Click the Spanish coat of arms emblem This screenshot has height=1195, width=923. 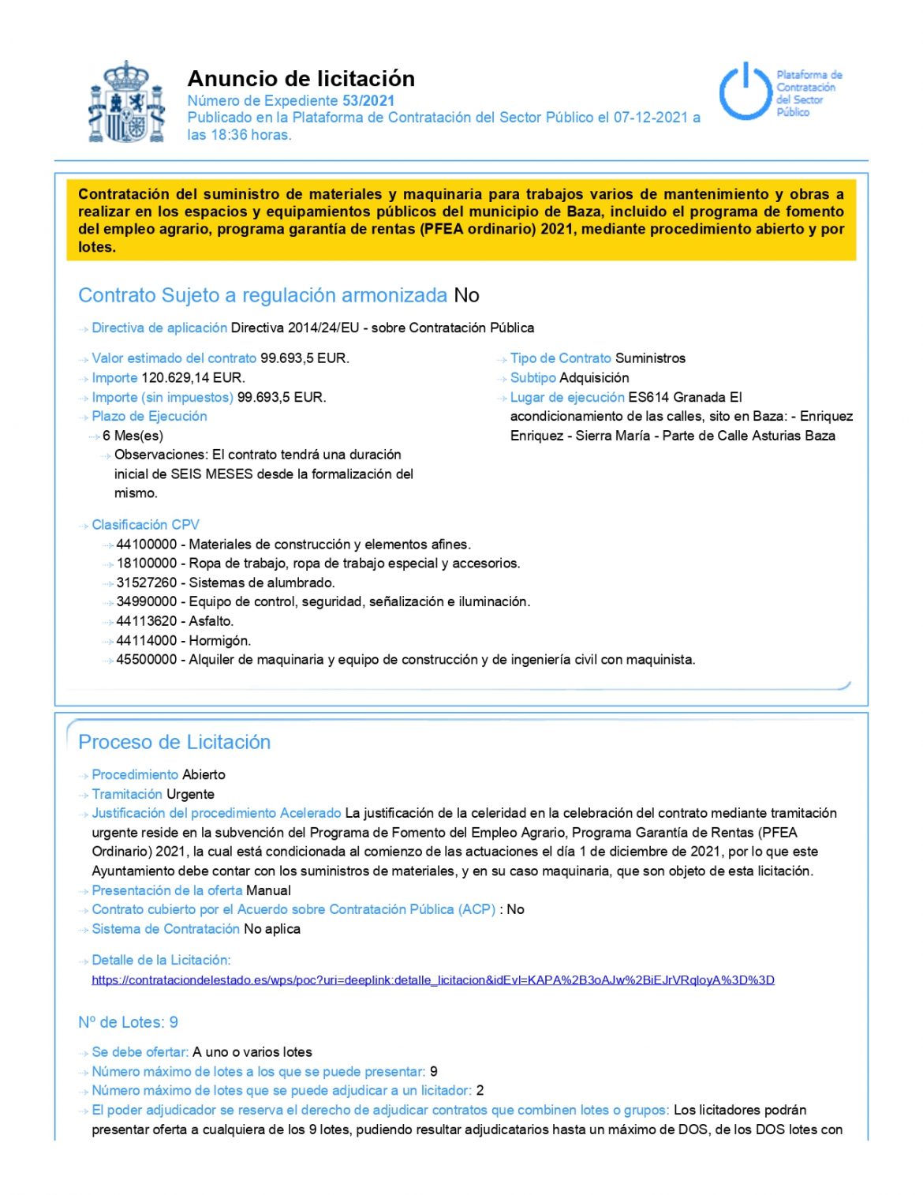coord(126,103)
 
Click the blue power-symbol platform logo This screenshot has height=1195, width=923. coord(745,92)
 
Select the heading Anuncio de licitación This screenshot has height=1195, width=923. coord(301,79)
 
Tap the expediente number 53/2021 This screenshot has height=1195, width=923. coord(368,101)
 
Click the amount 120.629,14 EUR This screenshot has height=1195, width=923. coord(192,378)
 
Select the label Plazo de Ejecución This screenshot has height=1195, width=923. coord(149,417)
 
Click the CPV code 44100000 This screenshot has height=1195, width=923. coord(147,545)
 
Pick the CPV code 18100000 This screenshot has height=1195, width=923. coord(147,564)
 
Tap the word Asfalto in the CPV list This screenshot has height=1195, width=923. coord(211,621)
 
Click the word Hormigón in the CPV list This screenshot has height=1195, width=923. coord(219,641)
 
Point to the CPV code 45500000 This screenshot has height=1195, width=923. coord(147,660)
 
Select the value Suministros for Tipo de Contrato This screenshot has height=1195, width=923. coord(650,358)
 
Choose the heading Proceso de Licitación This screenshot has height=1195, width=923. coord(174,742)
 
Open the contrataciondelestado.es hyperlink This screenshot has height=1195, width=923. coord(432,980)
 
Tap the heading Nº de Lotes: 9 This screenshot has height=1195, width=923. coord(128,1022)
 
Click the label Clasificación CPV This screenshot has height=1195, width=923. coord(145,525)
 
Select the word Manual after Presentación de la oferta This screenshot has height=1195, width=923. coord(268,890)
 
